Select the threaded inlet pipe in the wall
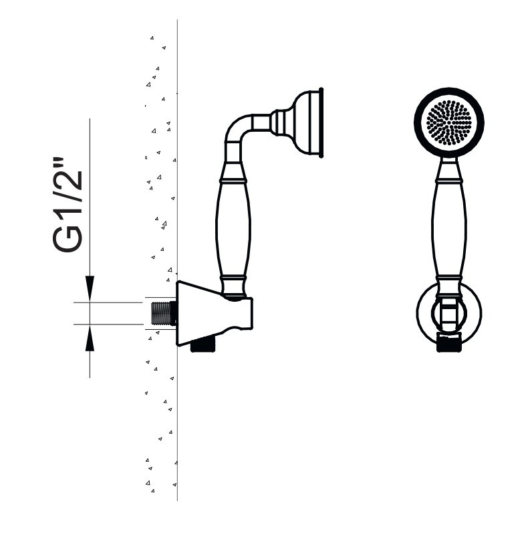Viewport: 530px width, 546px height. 164,313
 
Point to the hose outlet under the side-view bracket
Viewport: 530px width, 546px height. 204,345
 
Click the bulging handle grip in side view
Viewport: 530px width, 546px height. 233,229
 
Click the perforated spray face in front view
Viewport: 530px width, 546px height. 448,122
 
